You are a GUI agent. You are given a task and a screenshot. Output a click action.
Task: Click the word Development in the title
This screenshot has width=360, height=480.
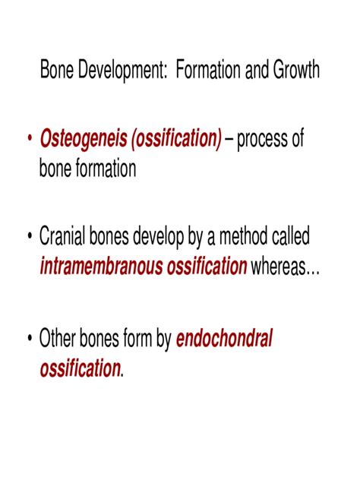click(x=118, y=71)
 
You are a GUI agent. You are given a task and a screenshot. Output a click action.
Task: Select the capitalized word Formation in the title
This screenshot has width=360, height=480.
click(x=208, y=71)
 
